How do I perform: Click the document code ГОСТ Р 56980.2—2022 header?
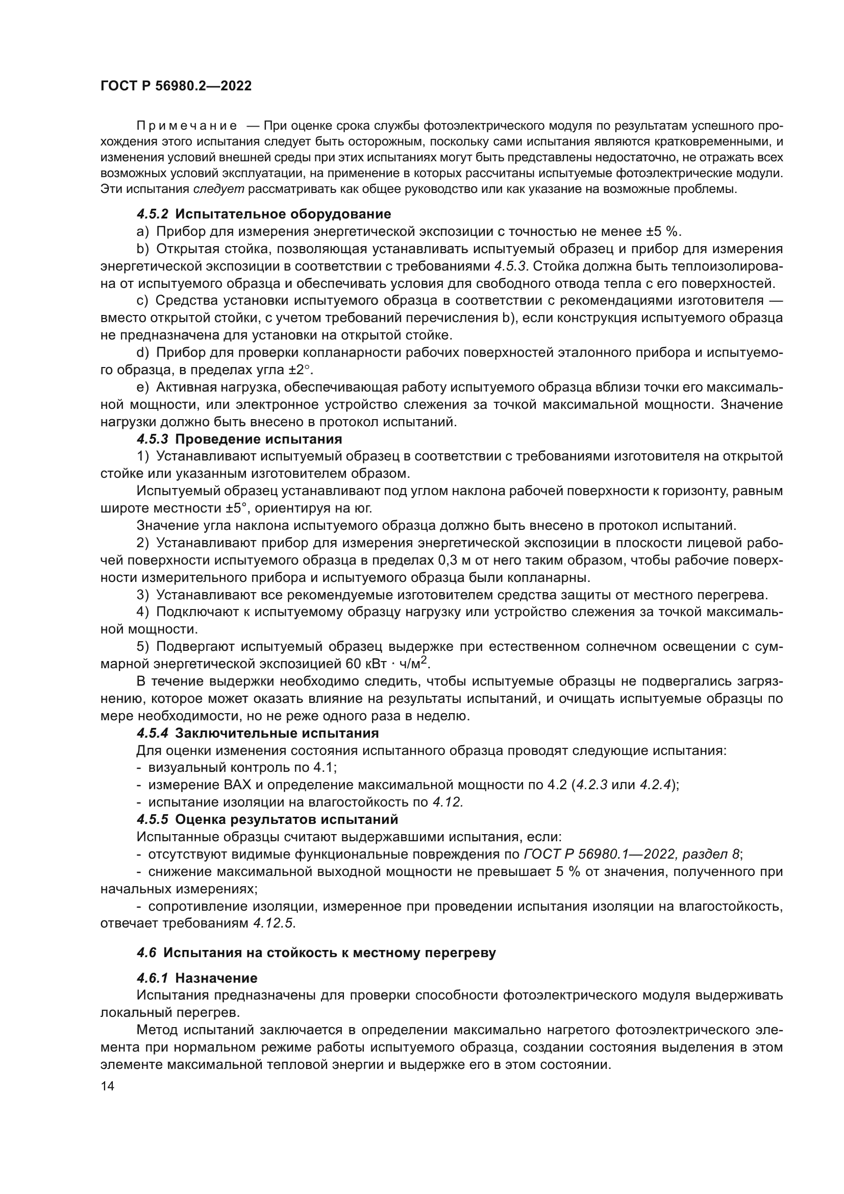coord(176,86)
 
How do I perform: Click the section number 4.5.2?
coord(153,214)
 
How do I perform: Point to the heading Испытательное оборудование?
coord(283,214)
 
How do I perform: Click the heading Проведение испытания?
coord(259,440)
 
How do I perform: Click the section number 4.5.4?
coord(153,733)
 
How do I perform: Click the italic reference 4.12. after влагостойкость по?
coord(448,802)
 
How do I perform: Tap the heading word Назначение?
coord(216,978)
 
